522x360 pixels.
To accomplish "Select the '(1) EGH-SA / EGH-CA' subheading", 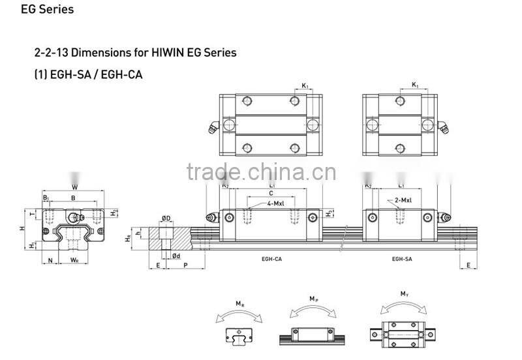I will tap(88, 74).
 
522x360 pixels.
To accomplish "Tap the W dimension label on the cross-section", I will tap(74, 185).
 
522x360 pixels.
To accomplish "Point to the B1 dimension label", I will tap(46, 197).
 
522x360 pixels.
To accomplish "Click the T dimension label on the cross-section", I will tap(33, 213).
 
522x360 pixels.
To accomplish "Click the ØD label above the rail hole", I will tap(166, 218).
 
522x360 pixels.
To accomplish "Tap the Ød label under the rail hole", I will tap(176, 256).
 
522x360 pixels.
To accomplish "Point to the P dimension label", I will tap(187, 266).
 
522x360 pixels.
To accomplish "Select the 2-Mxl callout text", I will tap(402, 200).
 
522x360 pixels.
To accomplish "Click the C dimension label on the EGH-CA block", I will tap(270, 194).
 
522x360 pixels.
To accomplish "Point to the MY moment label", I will tap(404, 295).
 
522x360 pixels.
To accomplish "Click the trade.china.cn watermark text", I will tap(260, 172).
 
